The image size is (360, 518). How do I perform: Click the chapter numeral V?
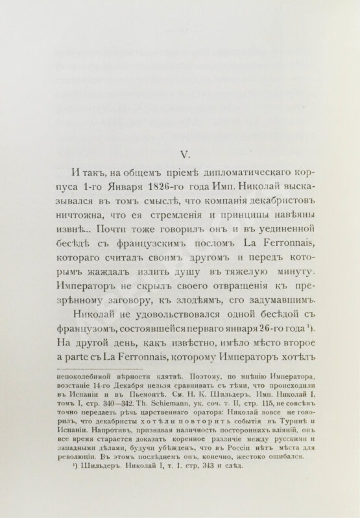click(x=183, y=154)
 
